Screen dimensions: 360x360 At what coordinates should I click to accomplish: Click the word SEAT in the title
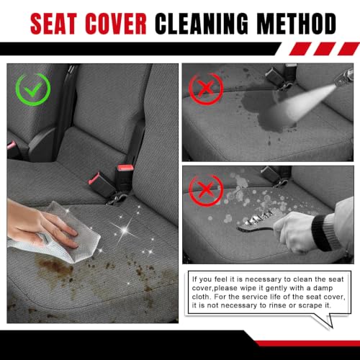coord(54,24)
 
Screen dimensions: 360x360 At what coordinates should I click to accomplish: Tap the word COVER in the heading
coord(116,24)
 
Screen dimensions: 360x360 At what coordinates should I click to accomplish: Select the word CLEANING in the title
coord(202,24)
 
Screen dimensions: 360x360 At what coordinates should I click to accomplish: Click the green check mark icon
coord(33,89)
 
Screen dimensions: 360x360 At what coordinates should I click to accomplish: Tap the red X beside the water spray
coord(206,88)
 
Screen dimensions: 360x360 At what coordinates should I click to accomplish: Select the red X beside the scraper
coord(206,190)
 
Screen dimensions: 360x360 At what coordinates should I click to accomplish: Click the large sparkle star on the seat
coord(125,230)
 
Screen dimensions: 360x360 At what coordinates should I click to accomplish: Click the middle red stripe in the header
coord(325,49)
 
